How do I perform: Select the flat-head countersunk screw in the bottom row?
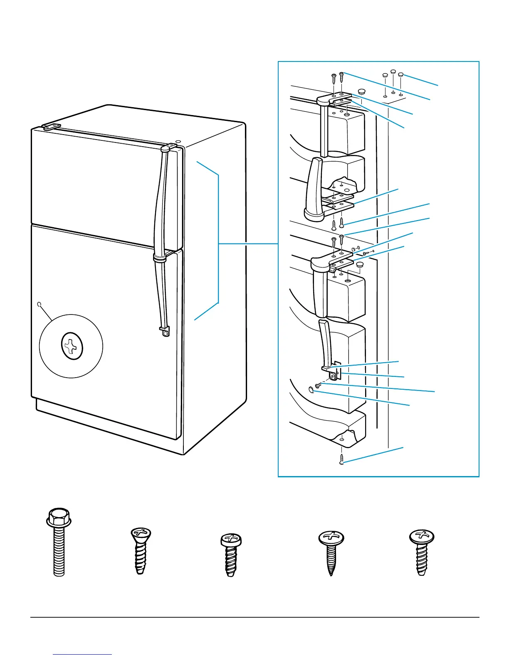(x=141, y=550)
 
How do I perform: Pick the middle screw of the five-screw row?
(x=230, y=555)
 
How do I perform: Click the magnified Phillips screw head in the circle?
(x=72, y=346)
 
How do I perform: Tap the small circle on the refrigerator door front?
(x=40, y=304)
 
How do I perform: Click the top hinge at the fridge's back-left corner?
(x=51, y=127)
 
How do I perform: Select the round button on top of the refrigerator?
(x=178, y=142)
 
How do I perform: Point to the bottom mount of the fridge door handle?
(x=165, y=332)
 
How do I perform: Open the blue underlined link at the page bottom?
(x=82, y=654)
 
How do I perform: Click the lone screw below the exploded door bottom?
(x=341, y=459)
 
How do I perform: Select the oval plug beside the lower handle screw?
(x=312, y=389)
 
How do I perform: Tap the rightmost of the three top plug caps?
(x=401, y=75)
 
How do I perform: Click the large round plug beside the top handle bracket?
(x=361, y=91)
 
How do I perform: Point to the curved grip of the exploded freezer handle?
(x=313, y=187)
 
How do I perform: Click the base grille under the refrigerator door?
(x=108, y=424)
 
